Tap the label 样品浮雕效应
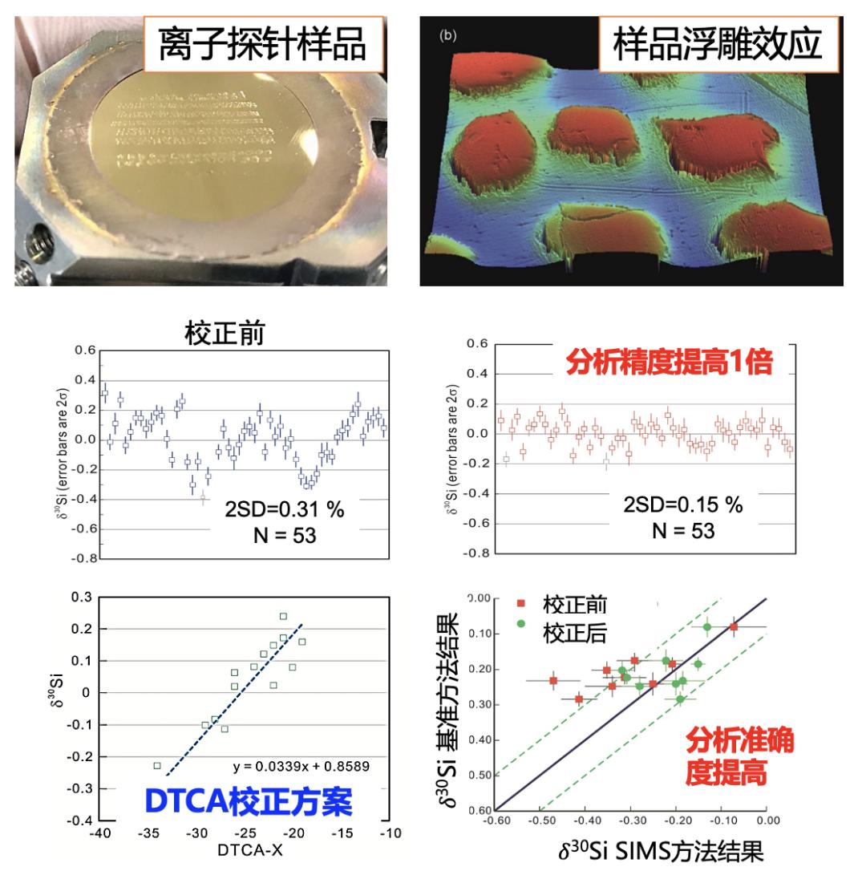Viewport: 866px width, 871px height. click(717, 44)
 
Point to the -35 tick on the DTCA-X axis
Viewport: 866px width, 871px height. click(149, 834)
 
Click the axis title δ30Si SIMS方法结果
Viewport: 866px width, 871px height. click(659, 850)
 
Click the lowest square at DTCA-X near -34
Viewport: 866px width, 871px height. click(157, 766)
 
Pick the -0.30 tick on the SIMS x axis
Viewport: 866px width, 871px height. click(632, 822)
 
